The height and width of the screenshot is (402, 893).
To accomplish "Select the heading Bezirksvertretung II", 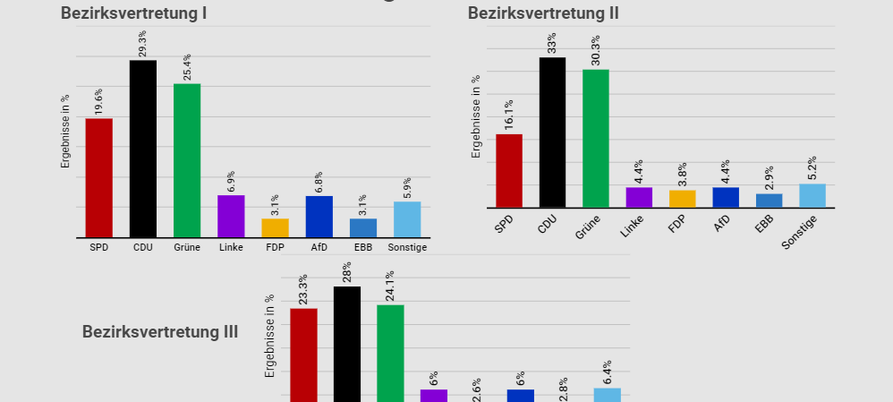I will click(543, 13).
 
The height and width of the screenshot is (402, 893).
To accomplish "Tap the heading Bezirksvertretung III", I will click(160, 332).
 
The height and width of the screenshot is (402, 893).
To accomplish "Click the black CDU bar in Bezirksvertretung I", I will click(143, 149).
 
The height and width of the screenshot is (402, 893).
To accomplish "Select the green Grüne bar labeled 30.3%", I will click(595, 139).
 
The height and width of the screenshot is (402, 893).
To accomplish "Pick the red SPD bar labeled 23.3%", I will click(303, 354).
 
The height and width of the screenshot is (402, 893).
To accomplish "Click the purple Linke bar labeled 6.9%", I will click(231, 216).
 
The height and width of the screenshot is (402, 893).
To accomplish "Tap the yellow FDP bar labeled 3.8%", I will click(682, 199).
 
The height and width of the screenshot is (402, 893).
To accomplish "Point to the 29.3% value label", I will click(143, 43).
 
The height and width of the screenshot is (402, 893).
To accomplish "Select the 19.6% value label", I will click(99, 101).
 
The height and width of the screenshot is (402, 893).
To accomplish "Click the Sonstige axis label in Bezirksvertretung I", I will click(408, 247).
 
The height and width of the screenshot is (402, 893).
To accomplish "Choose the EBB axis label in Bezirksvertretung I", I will click(362, 247).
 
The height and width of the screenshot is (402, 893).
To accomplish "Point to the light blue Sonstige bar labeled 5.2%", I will click(812, 195).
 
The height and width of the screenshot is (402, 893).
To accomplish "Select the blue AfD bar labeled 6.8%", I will click(319, 217).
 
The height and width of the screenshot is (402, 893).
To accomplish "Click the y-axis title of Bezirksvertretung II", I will click(476, 116).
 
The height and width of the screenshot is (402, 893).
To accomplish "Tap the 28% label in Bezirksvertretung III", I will click(346, 271).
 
